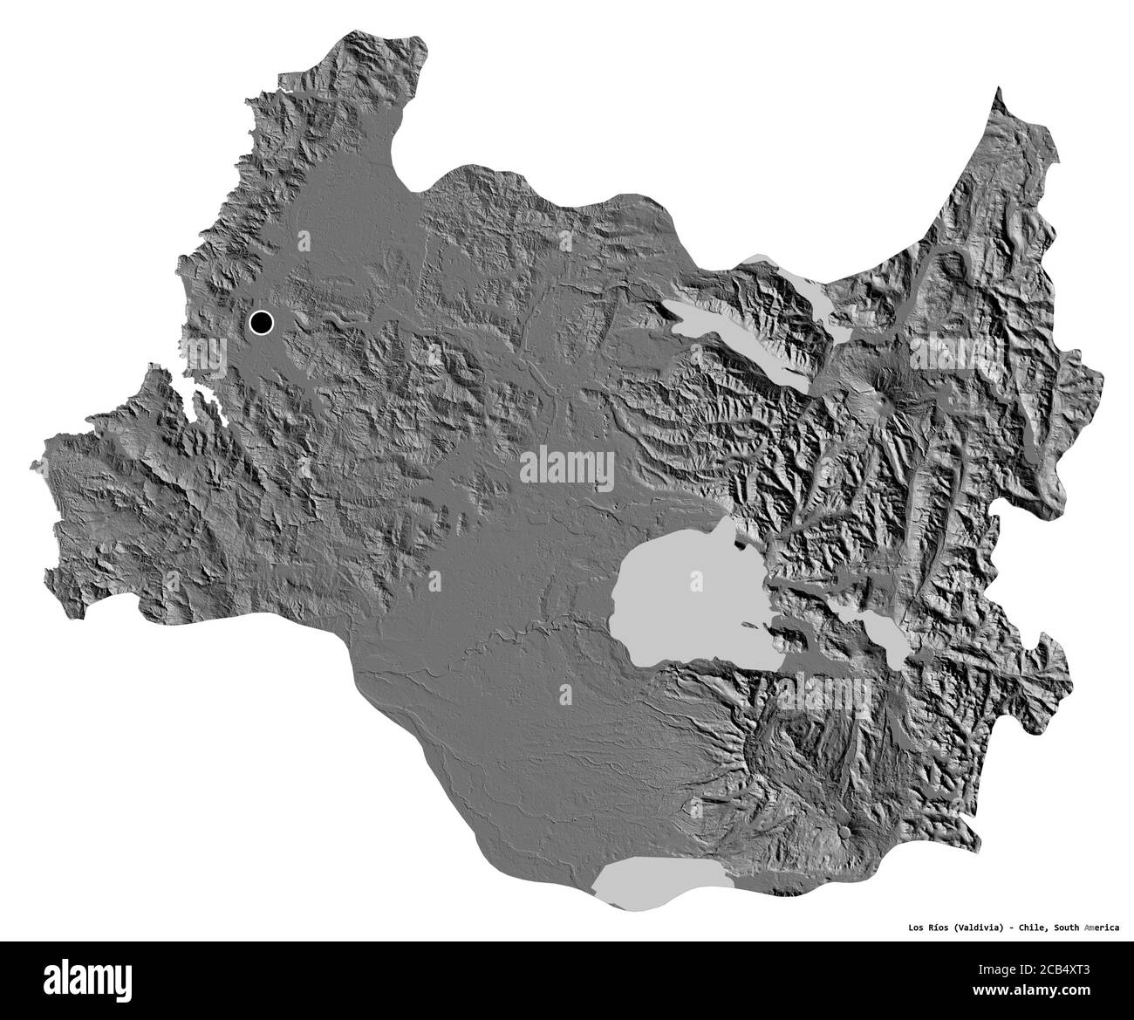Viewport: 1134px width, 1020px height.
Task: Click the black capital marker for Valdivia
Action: (261, 323)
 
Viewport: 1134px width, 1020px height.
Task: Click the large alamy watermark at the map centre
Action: (567, 466)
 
